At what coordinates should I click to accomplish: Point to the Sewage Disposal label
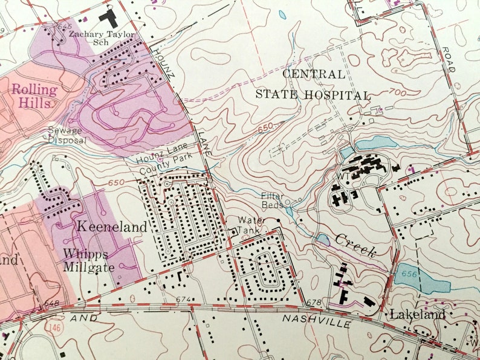click(68, 135)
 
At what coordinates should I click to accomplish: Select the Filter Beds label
click(272, 201)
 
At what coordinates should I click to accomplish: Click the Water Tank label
click(251, 225)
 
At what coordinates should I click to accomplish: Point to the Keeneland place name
click(112, 228)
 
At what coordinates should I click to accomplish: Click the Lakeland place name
click(418, 314)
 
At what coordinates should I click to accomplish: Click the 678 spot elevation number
click(313, 303)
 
